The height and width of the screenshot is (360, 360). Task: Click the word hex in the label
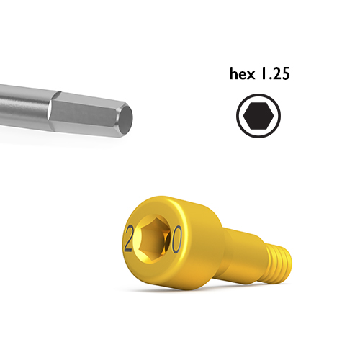click(x=242, y=73)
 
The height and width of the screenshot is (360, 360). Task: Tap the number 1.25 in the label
click(x=275, y=73)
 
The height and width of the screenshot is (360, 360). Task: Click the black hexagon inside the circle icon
click(x=258, y=116)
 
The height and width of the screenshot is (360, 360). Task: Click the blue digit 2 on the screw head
click(x=128, y=238)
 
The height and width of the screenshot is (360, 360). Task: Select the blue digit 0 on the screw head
click(x=176, y=240)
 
